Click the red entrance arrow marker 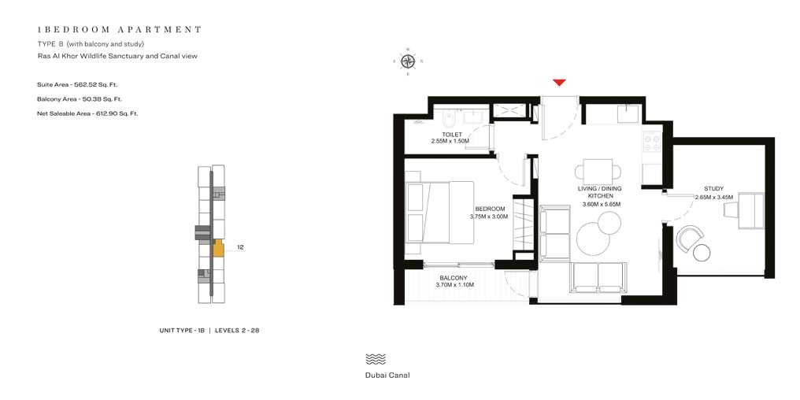pos(559,83)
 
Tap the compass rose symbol pos(408,61)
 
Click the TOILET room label pos(452,135)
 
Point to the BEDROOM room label pos(489,209)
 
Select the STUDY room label pos(713,189)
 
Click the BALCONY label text pos(454,278)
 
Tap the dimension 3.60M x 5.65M pos(601,205)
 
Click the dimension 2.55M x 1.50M pos(450,142)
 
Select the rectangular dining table pos(598,171)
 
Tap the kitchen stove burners pos(653,143)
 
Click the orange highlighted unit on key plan pos(218,249)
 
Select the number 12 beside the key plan pos(240,247)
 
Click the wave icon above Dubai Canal pos(376,358)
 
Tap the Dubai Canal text pos(387,376)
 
